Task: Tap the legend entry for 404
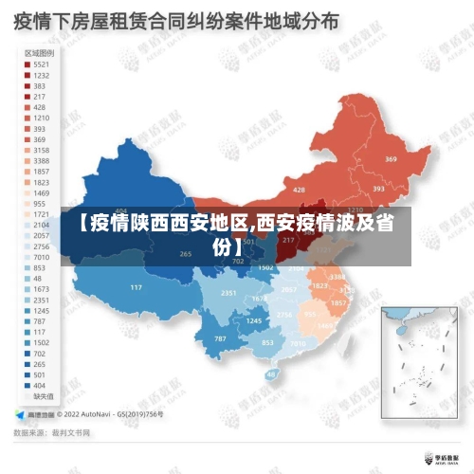coord(38,386)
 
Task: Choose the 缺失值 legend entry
coord(42,397)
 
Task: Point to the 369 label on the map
coord(392,159)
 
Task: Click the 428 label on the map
coord(299,190)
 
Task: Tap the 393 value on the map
coord(377,189)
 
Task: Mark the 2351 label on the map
coord(228,294)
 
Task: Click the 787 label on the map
coord(220,338)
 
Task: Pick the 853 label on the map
coord(267,342)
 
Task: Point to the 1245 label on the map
coord(254,321)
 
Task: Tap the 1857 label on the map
coord(338,303)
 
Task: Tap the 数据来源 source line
coord(52,432)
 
